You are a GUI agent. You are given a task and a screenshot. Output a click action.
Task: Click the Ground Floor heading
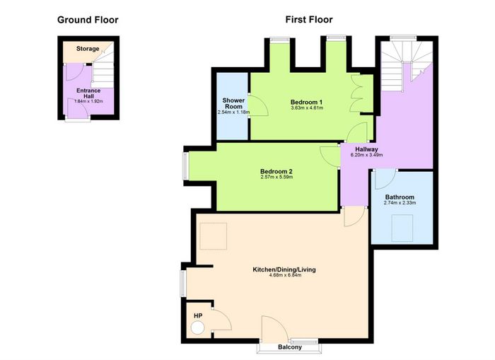tap(88, 20)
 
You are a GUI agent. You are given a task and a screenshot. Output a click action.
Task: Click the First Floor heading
tap(309, 20)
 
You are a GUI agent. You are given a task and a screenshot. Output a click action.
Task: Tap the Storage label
tap(88, 49)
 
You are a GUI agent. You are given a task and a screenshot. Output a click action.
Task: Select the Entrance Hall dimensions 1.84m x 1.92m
tap(88, 101)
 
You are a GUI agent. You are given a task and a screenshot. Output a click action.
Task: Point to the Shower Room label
tap(233, 103)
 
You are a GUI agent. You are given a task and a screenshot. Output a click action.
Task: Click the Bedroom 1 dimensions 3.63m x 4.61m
tap(307, 108)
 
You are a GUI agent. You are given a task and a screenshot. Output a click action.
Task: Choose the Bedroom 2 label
tap(276, 171)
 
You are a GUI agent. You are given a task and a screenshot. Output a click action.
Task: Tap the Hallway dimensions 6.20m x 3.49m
tap(366, 155)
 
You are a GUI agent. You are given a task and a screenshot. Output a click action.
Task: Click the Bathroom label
tap(400, 197)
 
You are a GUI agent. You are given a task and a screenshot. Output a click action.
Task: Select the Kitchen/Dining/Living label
tap(284, 269)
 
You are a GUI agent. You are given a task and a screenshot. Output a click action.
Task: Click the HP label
tap(198, 315)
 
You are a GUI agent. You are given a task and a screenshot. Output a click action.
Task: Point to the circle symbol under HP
tap(198, 327)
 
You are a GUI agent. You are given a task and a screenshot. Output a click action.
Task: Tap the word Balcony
tap(290, 347)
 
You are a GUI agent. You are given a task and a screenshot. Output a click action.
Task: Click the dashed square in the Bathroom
tap(402, 228)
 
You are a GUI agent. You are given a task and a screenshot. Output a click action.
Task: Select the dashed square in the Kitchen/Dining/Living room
tap(214, 236)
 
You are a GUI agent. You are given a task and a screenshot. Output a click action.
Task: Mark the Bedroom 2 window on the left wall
tap(185, 166)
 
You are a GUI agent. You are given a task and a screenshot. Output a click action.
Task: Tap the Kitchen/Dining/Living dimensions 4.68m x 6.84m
tap(285, 275)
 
